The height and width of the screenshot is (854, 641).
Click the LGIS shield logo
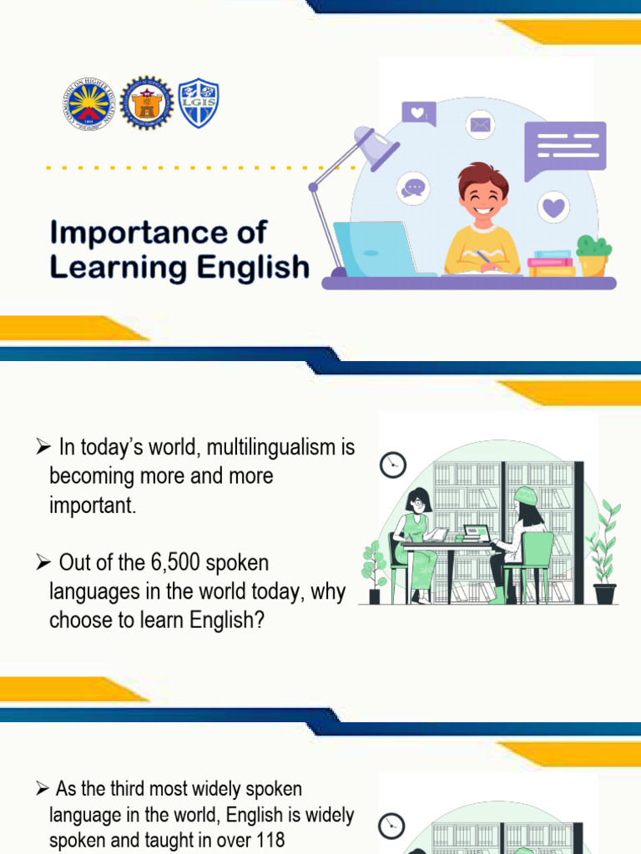pos(199,103)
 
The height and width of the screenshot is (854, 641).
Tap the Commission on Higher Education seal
pos(88,104)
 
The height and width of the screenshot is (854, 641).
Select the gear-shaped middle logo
pos(146,103)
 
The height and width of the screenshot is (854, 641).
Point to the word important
pos(92,505)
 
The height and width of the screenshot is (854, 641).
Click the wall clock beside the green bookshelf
pos(392,465)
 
